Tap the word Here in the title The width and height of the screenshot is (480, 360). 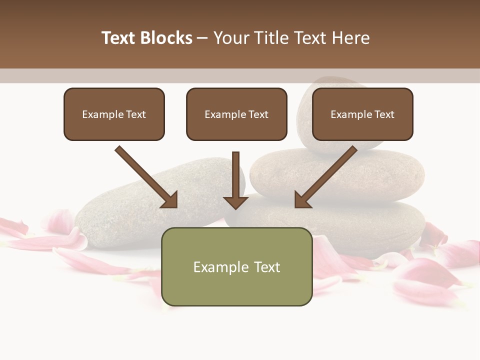pos(352,38)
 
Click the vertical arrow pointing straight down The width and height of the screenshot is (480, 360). pos(235,180)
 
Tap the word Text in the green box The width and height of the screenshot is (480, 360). pos(267,267)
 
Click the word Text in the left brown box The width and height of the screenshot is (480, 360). pos(136,114)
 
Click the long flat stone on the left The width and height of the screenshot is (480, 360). pos(125,210)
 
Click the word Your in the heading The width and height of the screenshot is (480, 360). pos(231,38)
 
